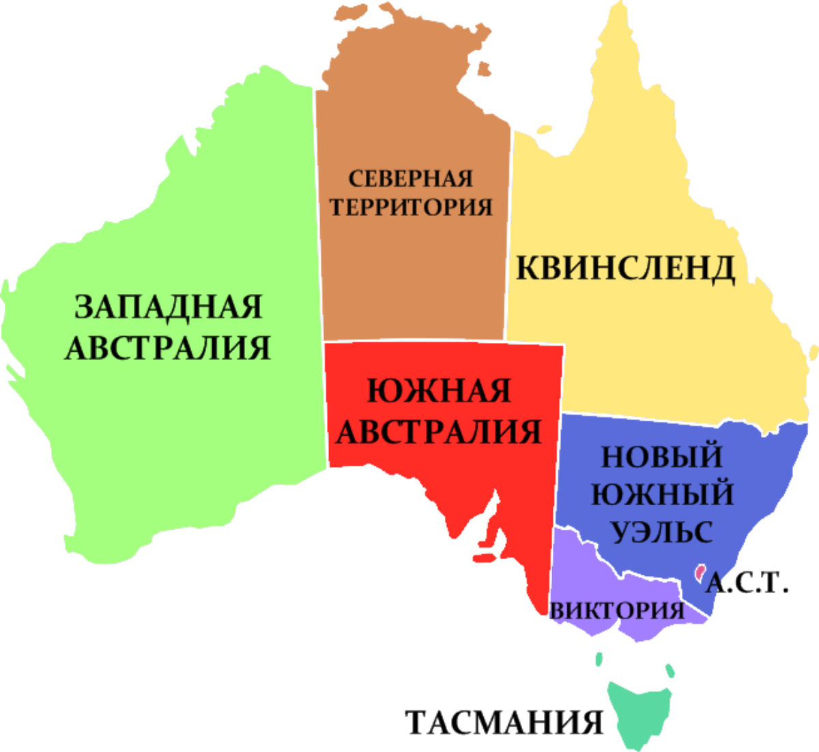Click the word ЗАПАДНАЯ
pyautogui.click(x=168, y=307)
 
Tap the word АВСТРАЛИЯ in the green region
pyautogui.click(x=168, y=348)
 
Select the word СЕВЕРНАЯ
pyautogui.click(x=411, y=179)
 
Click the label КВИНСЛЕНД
pyautogui.click(x=625, y=268)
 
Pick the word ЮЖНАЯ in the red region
pyautogui.click(x=439, y=391)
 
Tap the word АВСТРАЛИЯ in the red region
pyautogui.click(x=439, y=432)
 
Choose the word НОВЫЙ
pyautogui.click(x=661, y=456)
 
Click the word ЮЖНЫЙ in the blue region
pyautogui.click(x=662, y=494)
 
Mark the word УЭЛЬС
pyautogui.click(x=661, y=531)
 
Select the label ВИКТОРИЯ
pyautogui.click(x=617, y=610)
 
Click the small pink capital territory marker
pyautogui.click(x=699, y=572)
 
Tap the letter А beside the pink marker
pyautogui.click(x=713, y=583)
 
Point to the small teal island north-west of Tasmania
pyautogui.click(x=599, y=659)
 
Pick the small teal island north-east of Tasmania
pyautogui.click(x=670, y=671)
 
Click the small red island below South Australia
pyautogui.click(x=483, y=558)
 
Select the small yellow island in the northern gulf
pyautogui.click(x=544, y=130)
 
